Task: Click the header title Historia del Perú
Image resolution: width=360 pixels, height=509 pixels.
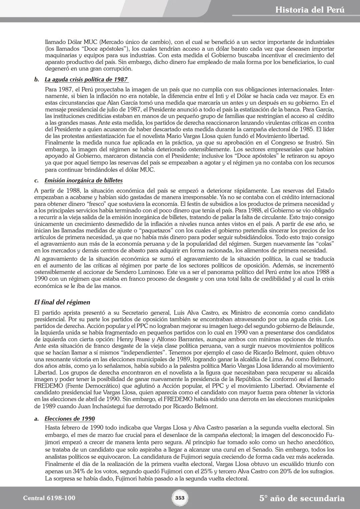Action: pyautogui.click(x=310, y=10)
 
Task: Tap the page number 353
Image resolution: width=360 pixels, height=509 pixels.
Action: pyautogui.click(x=180, y=498)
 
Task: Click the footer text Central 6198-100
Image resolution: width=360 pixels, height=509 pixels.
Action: pyautogui.click(x=49, y=498)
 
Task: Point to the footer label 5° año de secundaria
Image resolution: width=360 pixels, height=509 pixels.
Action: pyautogui.click(x=302, y=498)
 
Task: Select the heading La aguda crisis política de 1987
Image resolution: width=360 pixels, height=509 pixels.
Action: pyautogui.click(x=86, y=80)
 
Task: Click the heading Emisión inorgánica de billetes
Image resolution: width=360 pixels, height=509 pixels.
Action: pyautogui.click(x=83, y=181)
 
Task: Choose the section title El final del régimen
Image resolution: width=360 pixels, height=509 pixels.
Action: pyautogui.click(x=62, y=302)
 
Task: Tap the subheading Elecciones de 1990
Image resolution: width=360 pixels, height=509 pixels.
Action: pyautogui.click(x=70, y=419)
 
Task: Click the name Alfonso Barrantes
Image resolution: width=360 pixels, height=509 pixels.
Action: pyautogui.click(x=178, y=339)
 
